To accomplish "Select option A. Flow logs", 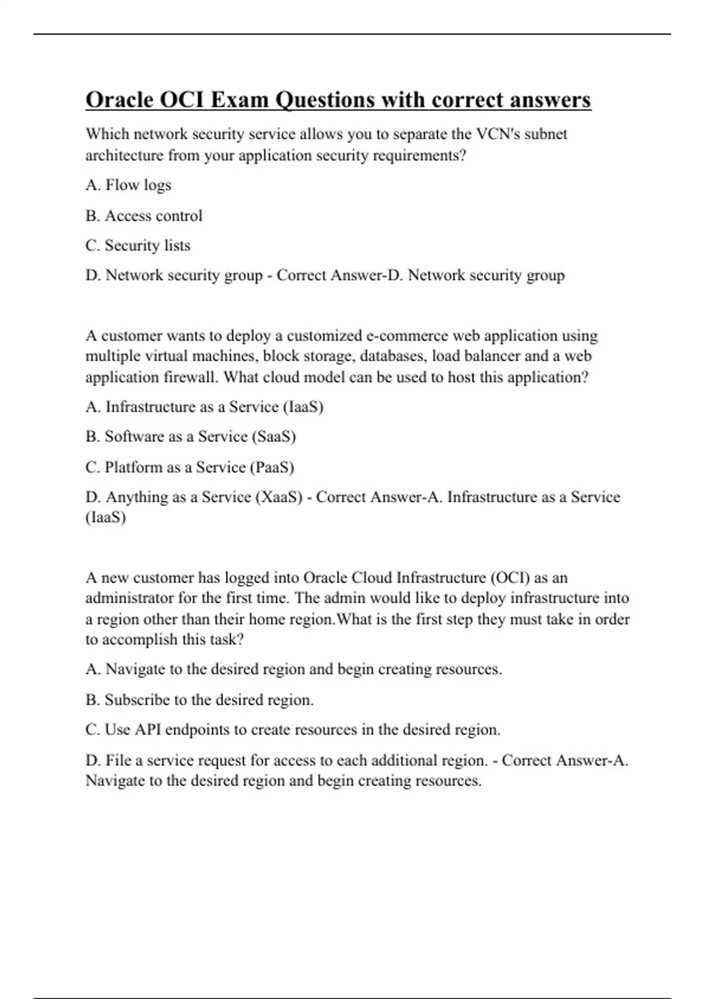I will click(128, 185).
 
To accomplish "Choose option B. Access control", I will click(143, 216).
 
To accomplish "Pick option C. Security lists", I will click(137, 246).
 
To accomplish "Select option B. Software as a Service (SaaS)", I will click(190, 437).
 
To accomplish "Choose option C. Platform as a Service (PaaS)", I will click(189, 467).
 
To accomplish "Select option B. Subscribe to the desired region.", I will click(199, 700).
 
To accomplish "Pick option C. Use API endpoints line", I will click(293, 730).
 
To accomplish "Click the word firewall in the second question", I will click(192, 377).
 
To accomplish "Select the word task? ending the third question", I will click(224, 640).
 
